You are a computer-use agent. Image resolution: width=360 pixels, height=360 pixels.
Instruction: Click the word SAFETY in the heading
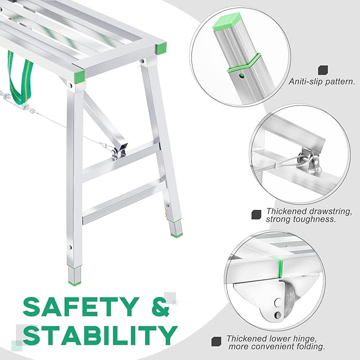click(78, 306)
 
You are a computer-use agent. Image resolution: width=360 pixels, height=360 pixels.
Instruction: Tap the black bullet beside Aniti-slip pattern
click(322, 69)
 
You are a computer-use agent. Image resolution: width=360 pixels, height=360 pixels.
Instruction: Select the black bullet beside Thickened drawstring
click(256, 214)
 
